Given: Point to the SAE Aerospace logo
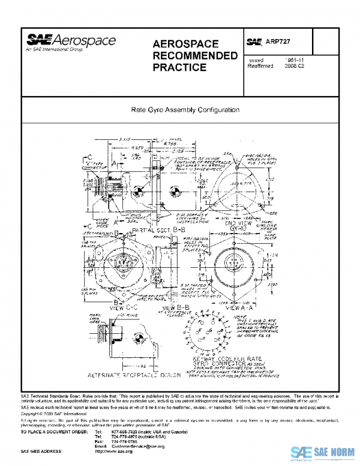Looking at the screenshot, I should coord(71,43).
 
